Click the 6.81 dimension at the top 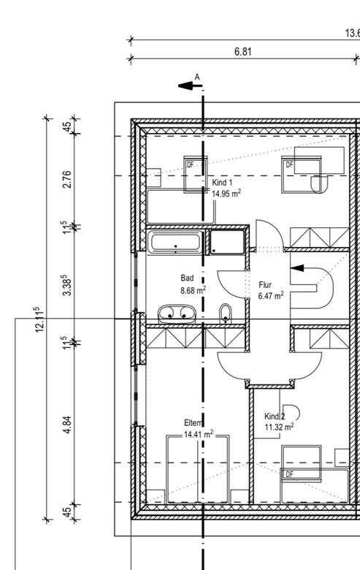point(242,52)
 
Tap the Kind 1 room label point(222,183)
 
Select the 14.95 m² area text point(226,193)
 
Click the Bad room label point(187,278)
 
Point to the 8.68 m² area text point(193,290)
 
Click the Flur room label point(265,285)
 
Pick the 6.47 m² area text point(271,295)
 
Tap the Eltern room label point(193,423)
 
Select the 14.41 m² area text point(199,433)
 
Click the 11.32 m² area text point(279,427)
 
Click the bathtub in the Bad point(175,242)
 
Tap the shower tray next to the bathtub point(227,242)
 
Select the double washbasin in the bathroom point(177,313)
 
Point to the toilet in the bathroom point(226,313)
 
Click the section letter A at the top point(197,77)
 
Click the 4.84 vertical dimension point(67,425)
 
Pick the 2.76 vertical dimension point(67,179)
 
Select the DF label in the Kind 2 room point(289,474)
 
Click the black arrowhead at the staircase point(297,268)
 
